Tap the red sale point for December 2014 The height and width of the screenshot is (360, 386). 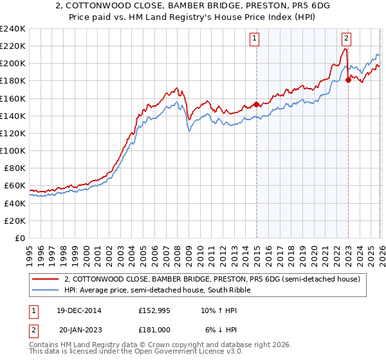click(x=256, y=104)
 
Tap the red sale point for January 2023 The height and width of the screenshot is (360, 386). click(x=348, y=80)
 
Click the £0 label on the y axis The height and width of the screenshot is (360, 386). click(x=20, y=238)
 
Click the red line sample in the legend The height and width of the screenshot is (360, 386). click(x=46, y=279)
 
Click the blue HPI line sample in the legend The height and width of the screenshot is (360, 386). click(x=46, y=291)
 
